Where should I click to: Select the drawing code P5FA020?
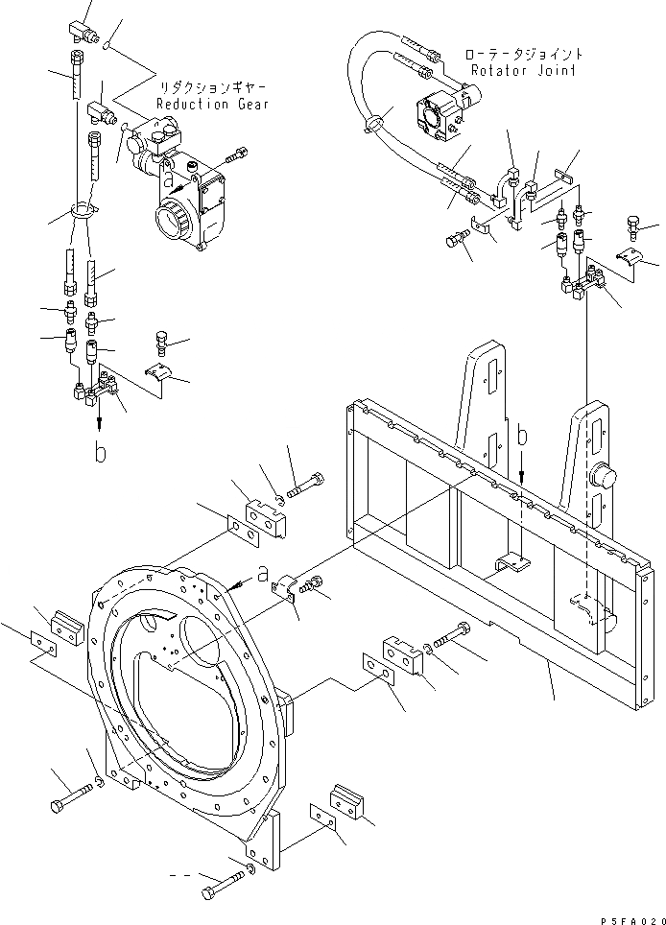coord(629,917)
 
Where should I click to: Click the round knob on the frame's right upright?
coord(603,476)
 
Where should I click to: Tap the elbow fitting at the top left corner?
coord(91,36)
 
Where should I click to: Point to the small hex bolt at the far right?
coord(633,225)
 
